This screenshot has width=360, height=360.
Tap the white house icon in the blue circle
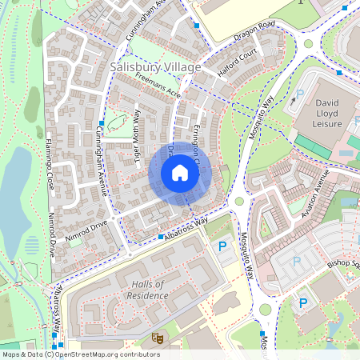coord(180,173)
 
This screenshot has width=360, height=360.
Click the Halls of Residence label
coord(146,290)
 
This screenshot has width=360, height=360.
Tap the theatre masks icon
coord(158,338)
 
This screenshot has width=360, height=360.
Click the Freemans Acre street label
coord(158,87)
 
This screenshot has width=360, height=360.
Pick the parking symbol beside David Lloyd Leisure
coord(300,94)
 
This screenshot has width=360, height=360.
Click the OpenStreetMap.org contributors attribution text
coord(109,354)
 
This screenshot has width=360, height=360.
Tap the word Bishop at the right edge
coord(342,264)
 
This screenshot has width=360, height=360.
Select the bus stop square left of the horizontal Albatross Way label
coord(161,237)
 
